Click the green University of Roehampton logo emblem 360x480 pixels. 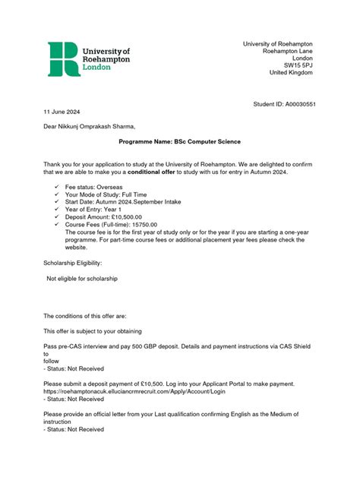tap(62, 58)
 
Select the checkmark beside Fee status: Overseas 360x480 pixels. tap(57, 186)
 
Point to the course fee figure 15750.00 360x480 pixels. tap(141, 232)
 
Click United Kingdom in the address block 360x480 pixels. tap(291, 72)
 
